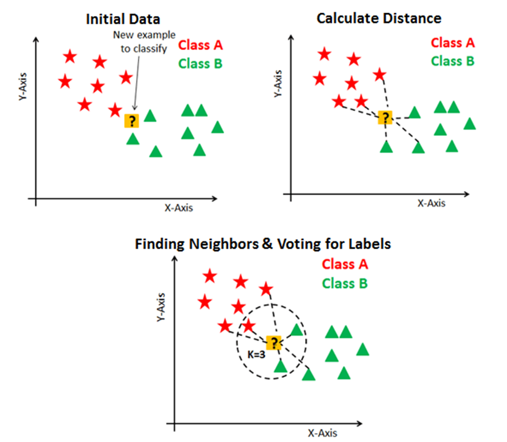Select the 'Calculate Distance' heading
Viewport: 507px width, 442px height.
click(378, 18)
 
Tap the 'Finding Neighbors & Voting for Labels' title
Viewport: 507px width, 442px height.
click(263, 243)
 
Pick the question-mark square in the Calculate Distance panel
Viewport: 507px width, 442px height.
click(385, 118)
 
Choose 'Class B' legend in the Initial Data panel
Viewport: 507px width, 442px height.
click(200, 64)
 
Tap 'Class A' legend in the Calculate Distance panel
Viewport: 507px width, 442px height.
click(453, 42)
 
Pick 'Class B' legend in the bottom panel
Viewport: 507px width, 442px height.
click(345, 283)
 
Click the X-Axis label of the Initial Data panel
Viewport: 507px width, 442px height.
click(179, 208)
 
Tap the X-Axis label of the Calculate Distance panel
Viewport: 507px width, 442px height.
click(431, 203)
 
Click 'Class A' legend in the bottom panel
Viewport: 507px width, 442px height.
click(345, 264)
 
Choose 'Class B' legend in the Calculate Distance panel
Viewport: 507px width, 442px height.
click(453, 61)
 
